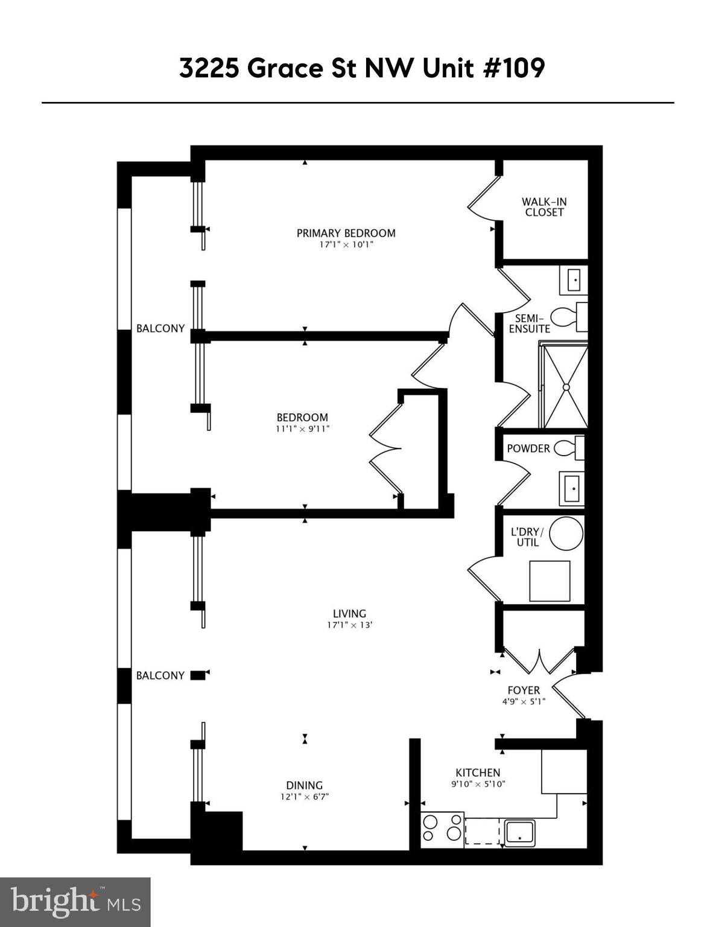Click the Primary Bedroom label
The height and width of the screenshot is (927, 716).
click(346, 233)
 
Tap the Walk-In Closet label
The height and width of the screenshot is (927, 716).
click(544, 207)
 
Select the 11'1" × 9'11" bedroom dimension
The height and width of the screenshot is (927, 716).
click(302, 429)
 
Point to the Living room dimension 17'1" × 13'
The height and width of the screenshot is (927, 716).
click(349, 625)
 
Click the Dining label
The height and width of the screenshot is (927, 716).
click(304, 785)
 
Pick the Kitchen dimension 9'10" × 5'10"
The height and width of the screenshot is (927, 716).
click(478, 784)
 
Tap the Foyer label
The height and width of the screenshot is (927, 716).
click(524, 690)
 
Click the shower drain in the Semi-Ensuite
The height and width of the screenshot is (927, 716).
click(566, 386)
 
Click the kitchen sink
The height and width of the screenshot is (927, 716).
click(519, 832)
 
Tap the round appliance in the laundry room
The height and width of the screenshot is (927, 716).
click(566, 534)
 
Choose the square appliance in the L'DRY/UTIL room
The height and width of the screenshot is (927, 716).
click(550, 581)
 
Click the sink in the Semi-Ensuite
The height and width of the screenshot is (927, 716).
click(573, 280)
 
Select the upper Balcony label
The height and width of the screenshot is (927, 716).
click(160, 328)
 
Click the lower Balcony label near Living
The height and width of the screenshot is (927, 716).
click(160, 675)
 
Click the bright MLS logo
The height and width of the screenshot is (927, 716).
click(75, 902)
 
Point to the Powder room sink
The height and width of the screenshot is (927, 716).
click(571, 488)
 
